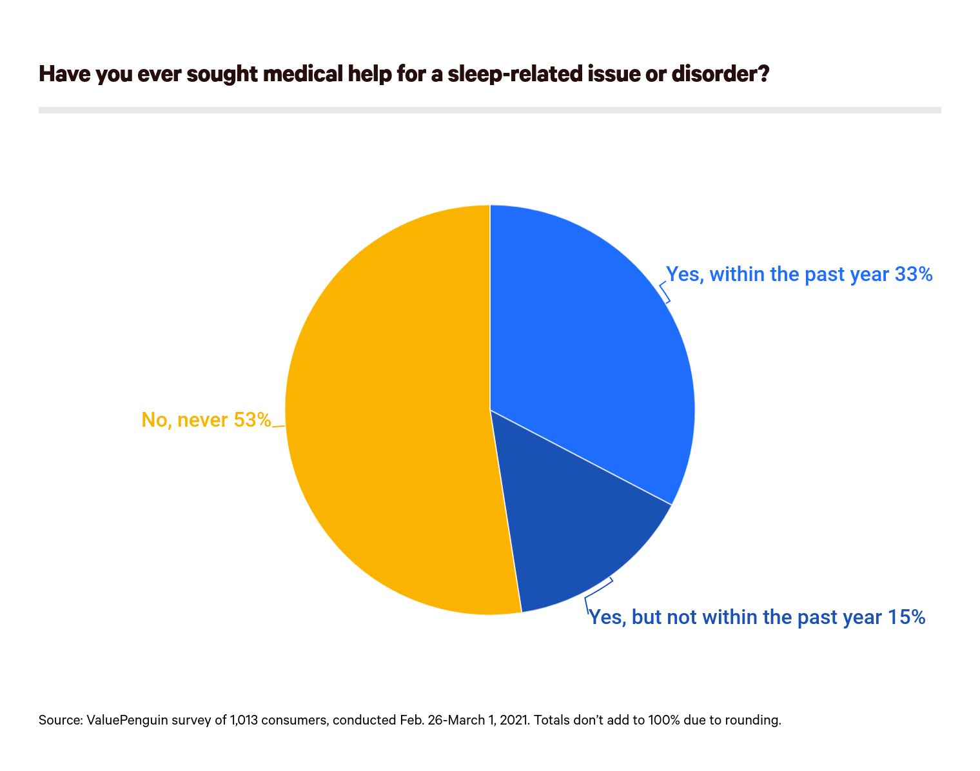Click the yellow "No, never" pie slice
click(387, 413)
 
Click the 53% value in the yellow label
click(252, 420)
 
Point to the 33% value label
click(914, 275)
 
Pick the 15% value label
click(906, 618)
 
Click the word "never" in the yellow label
click(202, 420)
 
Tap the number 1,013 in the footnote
click(242, 720)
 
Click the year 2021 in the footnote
click(513, 720)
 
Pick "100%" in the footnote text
click(664, 720)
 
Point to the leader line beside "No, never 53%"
click(279, 426)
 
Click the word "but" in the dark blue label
click(647, 618)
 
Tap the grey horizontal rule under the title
click(490, 110)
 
